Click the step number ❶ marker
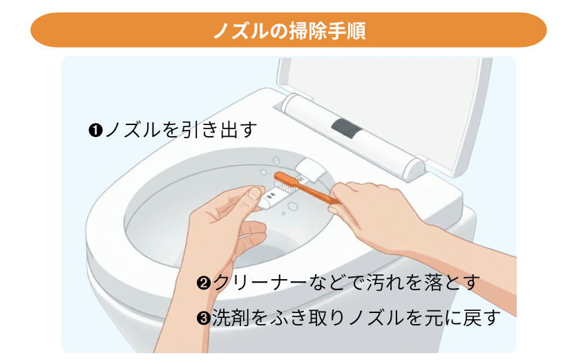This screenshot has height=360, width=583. (95, 129)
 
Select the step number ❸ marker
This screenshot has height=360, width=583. (204, 319)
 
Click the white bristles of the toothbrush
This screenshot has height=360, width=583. (285, 181)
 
